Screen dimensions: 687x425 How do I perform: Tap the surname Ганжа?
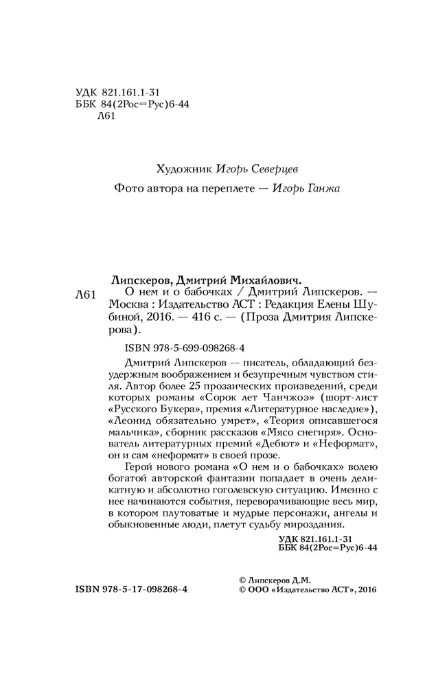point(323,188)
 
